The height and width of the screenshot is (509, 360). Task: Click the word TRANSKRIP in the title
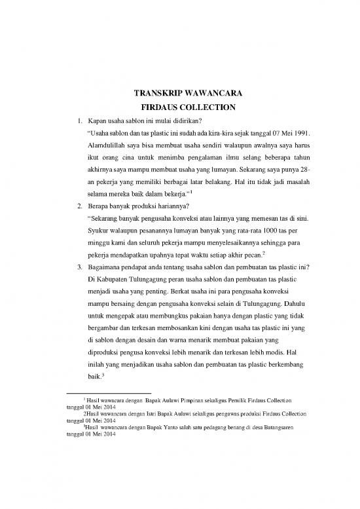tap(153, 93)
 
